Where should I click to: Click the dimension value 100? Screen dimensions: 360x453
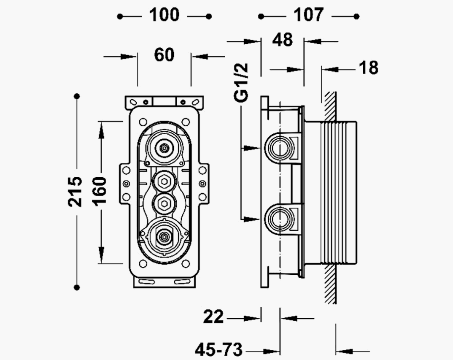[164, 15]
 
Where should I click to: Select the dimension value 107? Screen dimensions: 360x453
[308, 15]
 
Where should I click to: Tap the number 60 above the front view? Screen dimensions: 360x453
[164, 55]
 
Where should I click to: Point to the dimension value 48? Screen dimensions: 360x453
[282, 40]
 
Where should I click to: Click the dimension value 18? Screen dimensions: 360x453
[369, 68]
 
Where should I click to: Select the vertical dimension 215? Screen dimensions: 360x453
[75, 191]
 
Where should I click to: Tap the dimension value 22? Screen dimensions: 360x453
[213, 317]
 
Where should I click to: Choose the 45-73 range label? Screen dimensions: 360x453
[219, 350]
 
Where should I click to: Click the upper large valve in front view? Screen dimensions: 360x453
[164, 148]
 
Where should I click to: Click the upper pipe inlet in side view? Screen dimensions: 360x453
[279, 148]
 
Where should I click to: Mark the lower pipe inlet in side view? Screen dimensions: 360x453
[279, 219]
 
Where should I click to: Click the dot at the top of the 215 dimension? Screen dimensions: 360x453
[77, 96]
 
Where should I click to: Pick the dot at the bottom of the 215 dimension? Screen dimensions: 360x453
[77, 287]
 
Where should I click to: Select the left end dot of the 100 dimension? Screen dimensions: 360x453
[120, 16]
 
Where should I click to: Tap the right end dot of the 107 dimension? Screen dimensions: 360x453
[357, 16]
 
